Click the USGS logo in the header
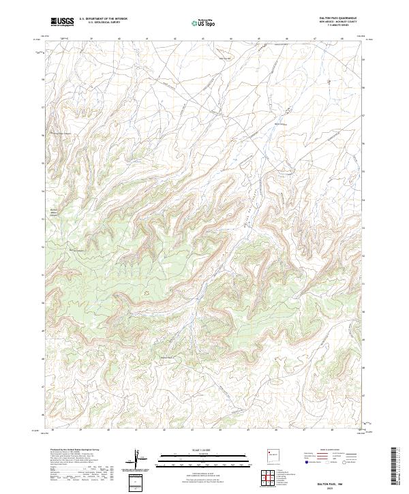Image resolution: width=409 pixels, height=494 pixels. tap(63, 22)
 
